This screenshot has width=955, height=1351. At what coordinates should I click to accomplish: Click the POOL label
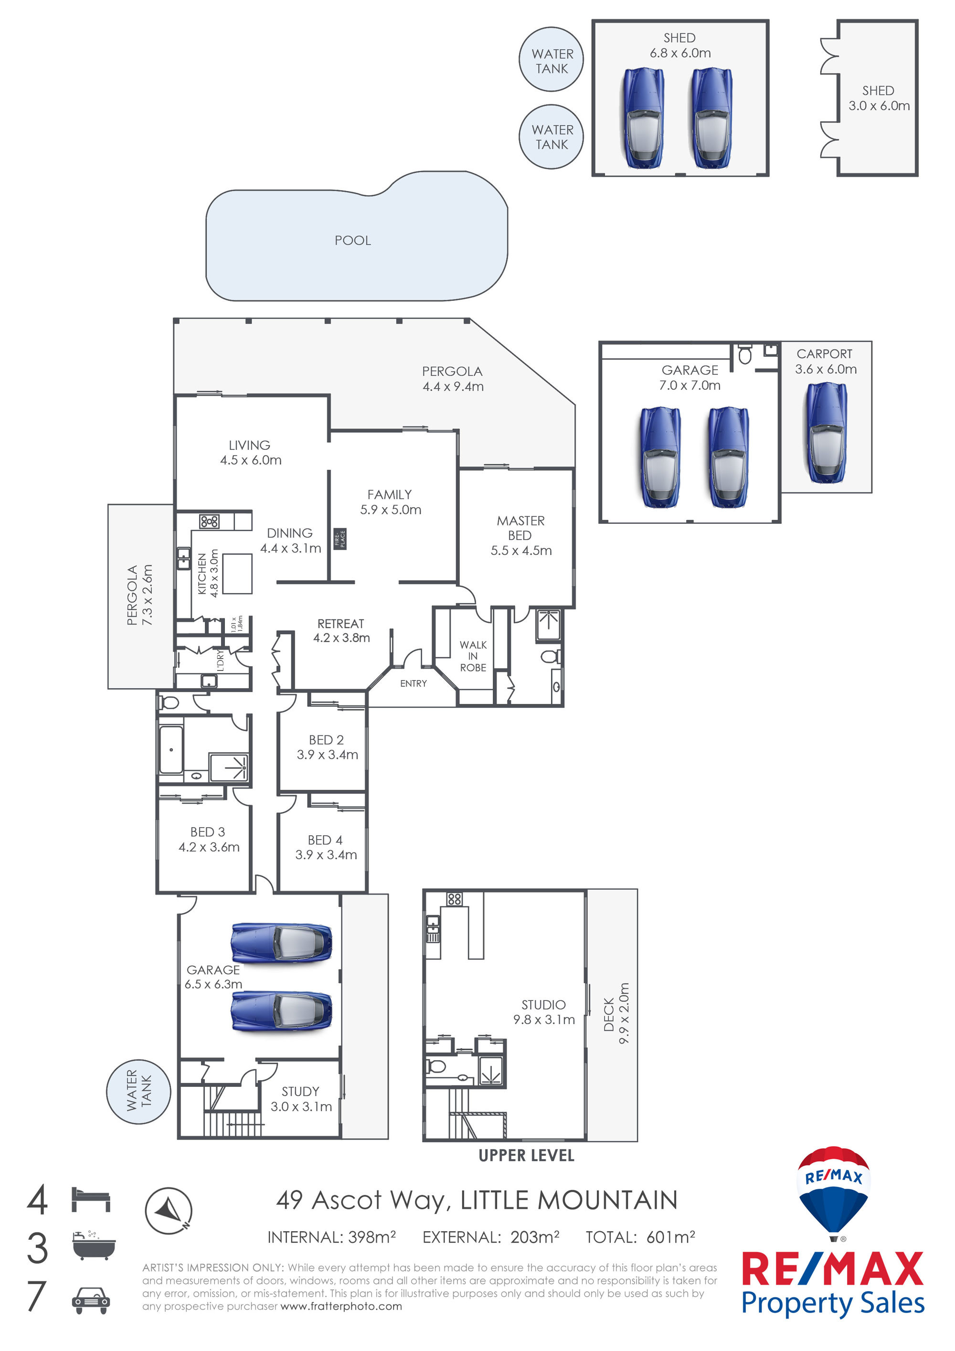[x=352, y=240]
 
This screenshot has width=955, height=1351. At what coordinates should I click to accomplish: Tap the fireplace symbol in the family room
[x=340, y=538]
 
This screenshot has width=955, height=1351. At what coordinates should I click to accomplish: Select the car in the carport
[x=827, y=433]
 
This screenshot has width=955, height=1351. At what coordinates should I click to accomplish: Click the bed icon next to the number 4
[x=91, y=1199]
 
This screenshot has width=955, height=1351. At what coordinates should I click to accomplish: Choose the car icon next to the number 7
[x=91, y=1300]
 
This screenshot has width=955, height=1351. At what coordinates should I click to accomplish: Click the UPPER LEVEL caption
[x=526, y=1156]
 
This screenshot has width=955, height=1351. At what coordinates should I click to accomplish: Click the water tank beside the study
[x=138, y=1092]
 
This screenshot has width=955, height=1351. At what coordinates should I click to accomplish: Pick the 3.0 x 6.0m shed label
[x=879, y=98]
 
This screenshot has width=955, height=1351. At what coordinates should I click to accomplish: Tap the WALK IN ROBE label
[x=473, y=656]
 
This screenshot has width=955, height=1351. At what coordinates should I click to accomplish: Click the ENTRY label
[x=413, y=683]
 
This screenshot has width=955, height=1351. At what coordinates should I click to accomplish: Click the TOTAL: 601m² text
[x=640, y=1237]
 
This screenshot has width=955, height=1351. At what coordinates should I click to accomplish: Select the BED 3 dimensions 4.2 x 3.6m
[x=209, y=847]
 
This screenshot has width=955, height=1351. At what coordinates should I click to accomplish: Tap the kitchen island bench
[x=237, y=574]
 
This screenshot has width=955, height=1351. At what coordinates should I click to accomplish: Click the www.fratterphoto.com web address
[x=341, y=1306]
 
